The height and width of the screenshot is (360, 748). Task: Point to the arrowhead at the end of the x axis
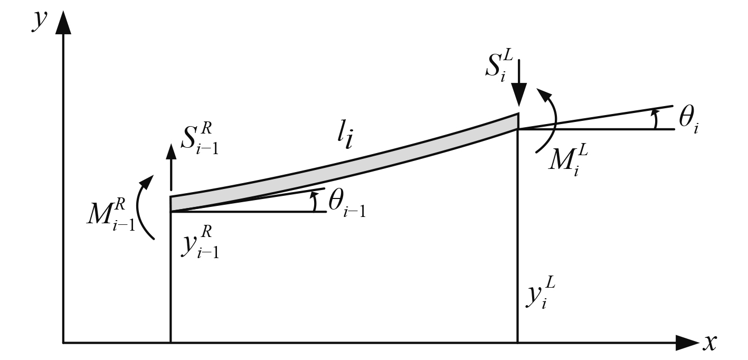686,343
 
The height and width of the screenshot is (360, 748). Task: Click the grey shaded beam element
343,161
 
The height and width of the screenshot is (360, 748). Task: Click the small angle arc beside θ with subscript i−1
315,202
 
